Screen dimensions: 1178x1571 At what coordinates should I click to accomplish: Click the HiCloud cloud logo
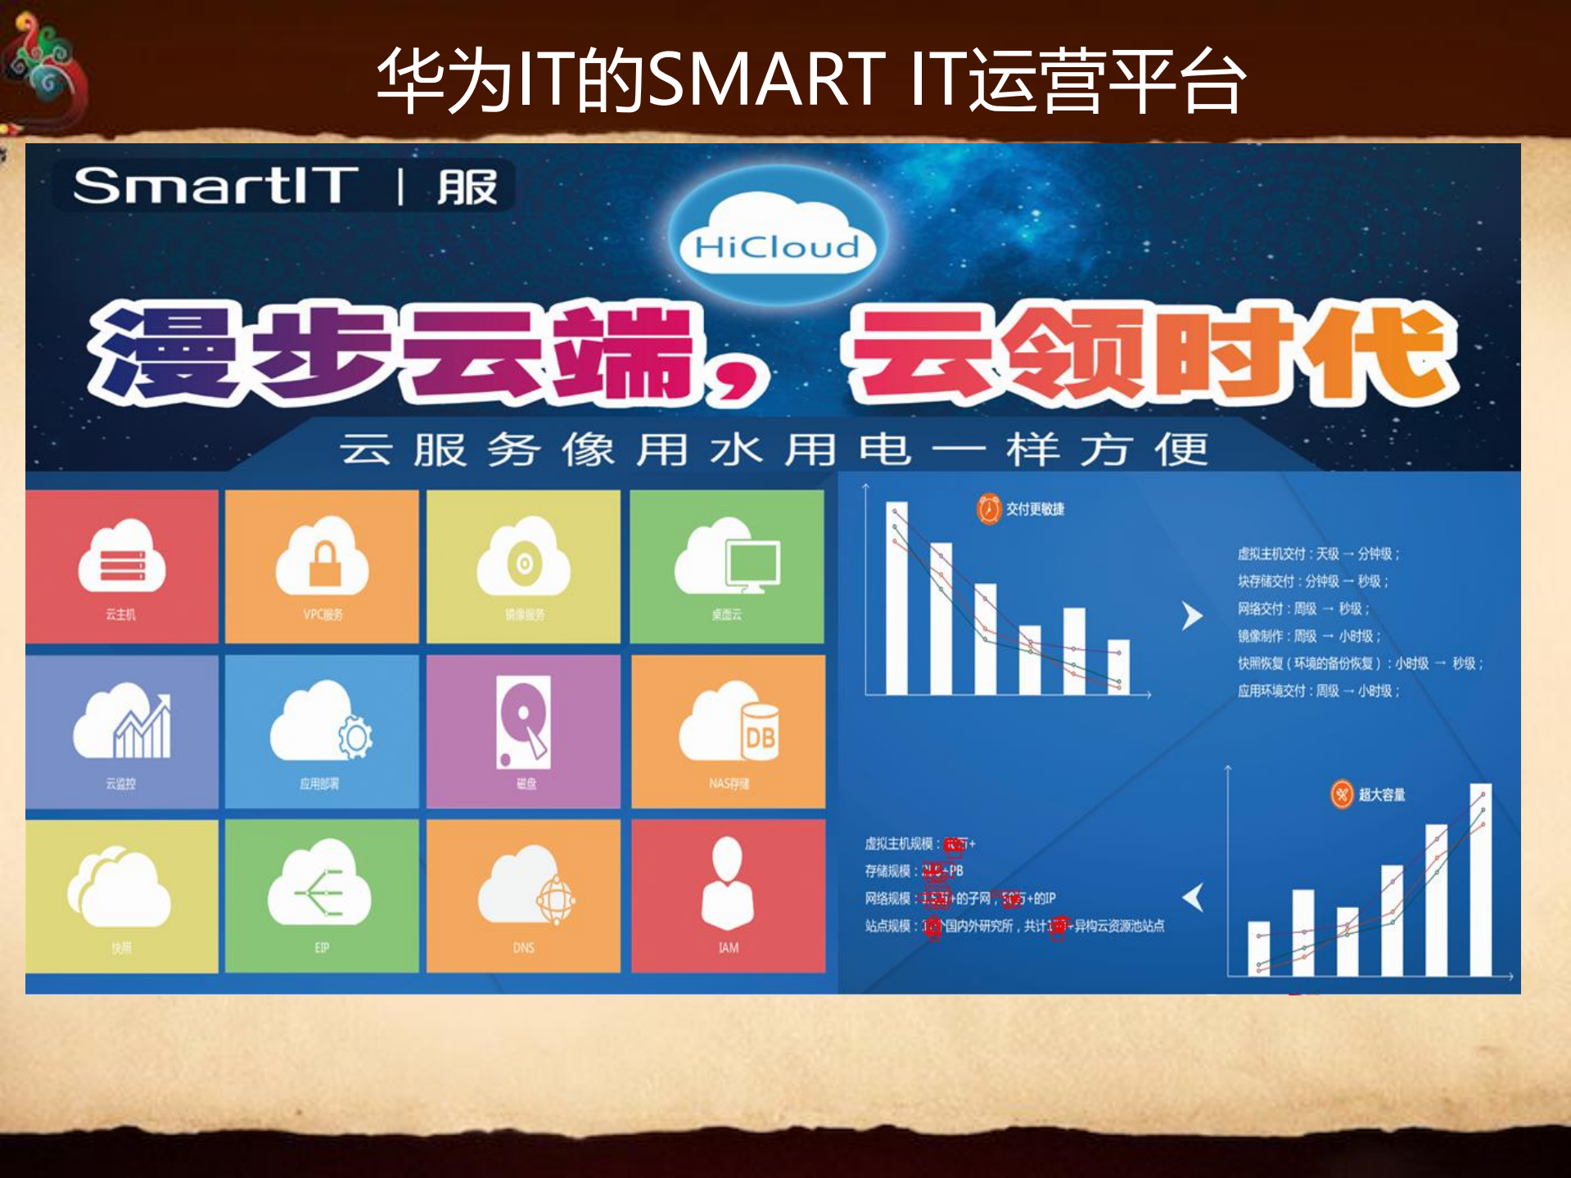click(777, 237)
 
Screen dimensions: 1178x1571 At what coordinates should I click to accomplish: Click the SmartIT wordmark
click(215, 186)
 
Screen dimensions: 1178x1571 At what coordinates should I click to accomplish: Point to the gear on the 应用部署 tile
click(356, 737)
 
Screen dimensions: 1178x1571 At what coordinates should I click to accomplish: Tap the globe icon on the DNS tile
click(556, 900)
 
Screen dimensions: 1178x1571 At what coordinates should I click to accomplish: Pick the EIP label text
click(322, 947)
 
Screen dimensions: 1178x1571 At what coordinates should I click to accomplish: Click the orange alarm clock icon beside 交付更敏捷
click(989, 509)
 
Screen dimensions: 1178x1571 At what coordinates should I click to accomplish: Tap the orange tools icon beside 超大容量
click(1342, 794)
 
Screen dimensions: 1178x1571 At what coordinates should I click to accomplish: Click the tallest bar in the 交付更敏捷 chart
click(896, 598)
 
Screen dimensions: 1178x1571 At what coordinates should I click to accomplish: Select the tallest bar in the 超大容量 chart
click(1480, 880)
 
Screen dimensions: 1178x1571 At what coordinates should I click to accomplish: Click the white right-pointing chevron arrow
click(1193, 616)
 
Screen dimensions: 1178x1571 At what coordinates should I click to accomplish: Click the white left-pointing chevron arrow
click(1194, 897)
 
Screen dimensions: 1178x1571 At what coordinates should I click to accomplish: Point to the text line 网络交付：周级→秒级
click(1303, 608)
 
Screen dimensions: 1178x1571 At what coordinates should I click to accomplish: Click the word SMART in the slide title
click(766, 79)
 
